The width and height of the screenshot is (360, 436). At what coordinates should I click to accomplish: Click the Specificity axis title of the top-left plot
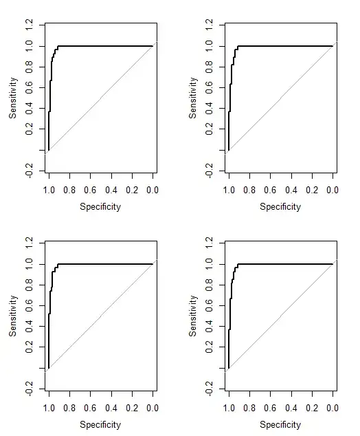coord(100,206)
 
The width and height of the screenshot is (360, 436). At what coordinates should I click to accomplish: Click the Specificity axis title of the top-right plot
coord(280,206)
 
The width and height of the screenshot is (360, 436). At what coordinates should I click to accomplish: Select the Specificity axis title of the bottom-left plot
coord(100,424)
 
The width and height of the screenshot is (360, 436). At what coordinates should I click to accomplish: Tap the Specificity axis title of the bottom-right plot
coord(280,424)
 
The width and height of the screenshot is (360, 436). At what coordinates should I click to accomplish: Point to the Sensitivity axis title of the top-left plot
coord(13,98)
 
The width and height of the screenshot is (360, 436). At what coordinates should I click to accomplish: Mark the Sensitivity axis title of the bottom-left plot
coord(13,316)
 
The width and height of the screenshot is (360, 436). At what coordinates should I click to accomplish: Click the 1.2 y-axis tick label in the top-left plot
coord(30,25)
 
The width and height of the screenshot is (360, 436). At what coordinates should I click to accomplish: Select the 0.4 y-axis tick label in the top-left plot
coord(30,109)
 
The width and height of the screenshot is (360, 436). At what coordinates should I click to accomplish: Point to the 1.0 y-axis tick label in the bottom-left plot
coord(30,264)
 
